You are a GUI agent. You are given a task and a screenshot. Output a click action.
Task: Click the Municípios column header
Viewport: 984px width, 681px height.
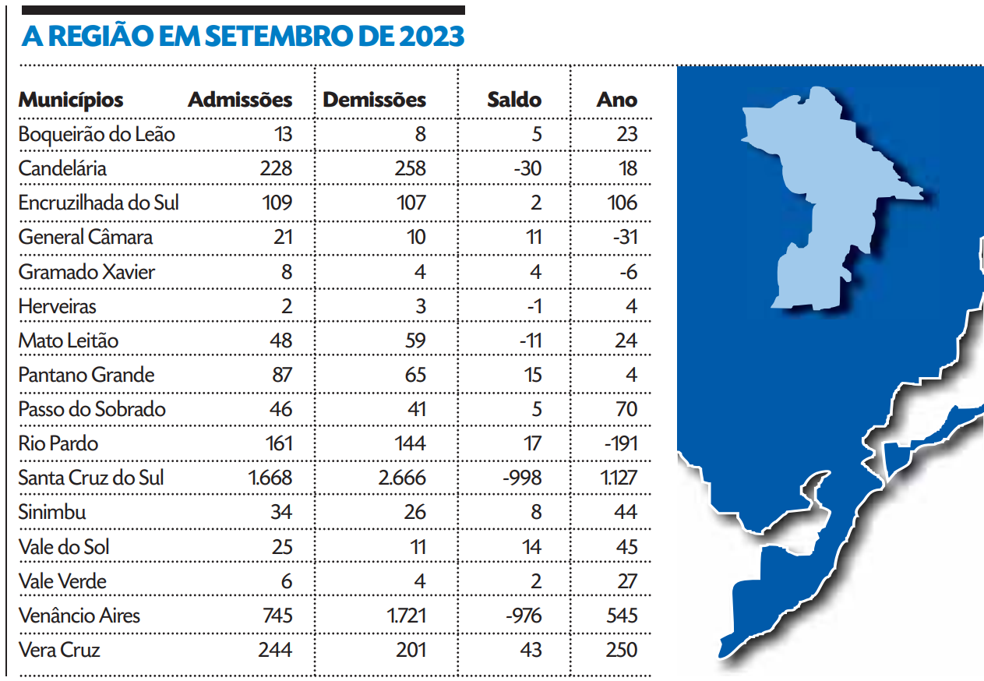point(71,100)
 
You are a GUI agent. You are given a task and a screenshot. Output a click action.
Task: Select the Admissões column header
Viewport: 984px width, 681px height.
point(240,100)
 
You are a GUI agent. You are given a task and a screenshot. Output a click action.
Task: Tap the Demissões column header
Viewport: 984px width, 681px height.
point(374,100)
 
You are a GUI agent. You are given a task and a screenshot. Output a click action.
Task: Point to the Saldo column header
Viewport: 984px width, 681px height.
point(514,100)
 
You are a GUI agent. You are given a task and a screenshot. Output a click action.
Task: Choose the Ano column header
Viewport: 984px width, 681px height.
point(617,100)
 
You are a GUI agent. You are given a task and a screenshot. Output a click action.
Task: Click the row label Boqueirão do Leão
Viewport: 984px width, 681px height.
point(97,134)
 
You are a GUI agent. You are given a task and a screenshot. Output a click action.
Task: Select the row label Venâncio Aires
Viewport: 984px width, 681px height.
point(79,616)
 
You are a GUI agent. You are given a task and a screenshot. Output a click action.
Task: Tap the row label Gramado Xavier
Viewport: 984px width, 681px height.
point(86,272)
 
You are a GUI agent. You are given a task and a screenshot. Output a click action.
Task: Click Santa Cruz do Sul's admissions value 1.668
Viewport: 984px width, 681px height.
point(270,478)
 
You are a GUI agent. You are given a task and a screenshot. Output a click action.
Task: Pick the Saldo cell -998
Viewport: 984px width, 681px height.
point(521,478)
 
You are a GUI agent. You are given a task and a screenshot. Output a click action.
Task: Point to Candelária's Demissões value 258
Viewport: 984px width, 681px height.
point(410,168)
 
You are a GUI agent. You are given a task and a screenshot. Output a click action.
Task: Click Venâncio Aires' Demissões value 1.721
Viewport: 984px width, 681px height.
point(406,616)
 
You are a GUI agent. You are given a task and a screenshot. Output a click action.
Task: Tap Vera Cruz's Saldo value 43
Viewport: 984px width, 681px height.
point(531,650)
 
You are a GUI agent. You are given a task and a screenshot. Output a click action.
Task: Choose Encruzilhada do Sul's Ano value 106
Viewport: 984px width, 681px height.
point(622,203)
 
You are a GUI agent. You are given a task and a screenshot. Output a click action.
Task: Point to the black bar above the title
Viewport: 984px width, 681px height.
point(243,10)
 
